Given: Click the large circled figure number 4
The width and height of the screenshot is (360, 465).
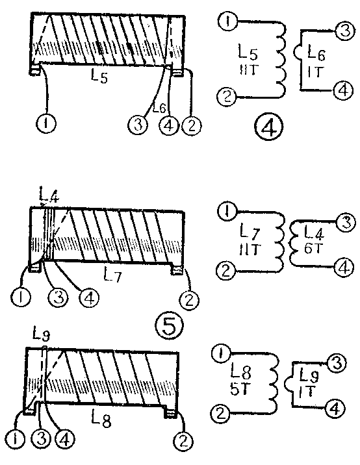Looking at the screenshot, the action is coord(269,127).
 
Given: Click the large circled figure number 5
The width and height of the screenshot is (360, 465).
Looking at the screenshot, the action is coord(170,326).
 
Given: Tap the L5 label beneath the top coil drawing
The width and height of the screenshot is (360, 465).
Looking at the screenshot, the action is coord(99,77).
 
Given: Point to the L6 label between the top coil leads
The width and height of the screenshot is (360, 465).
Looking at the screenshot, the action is coord(159,108).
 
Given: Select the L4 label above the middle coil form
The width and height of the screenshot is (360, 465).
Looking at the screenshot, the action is coord(49,195).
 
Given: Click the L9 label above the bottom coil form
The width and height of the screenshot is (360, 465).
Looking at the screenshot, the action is coord(41,335).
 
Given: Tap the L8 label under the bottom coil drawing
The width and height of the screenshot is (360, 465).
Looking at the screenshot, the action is coord(101,420).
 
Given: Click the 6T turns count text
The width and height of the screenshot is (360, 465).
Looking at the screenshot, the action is coord(313,247).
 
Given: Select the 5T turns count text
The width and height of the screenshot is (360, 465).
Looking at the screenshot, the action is coord(238,390).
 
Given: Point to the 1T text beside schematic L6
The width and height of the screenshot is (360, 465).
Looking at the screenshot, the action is coord(315,72).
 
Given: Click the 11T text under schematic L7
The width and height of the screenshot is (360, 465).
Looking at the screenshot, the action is coord(250,249).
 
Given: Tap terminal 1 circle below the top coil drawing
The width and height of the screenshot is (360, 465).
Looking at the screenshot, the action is coord(46,123).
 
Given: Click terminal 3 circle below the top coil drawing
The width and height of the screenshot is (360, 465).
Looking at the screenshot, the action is coord(138,125).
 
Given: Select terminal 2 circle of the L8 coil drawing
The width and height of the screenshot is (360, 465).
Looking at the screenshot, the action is coord(183,442).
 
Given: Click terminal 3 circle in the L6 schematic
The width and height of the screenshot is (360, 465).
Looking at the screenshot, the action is coord(345,31).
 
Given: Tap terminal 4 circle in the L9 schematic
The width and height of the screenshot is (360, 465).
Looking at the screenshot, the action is coord(335,409).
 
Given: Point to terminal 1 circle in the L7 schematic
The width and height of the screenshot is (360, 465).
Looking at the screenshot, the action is coord(227,211).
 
